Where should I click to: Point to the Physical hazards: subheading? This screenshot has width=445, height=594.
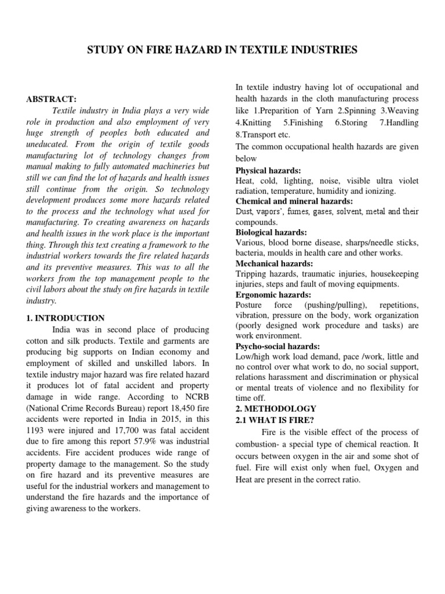(x=268, y=171)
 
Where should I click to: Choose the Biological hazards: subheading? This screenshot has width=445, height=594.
(x=271, y=231)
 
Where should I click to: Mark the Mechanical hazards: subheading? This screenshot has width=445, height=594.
(x=274, y=263)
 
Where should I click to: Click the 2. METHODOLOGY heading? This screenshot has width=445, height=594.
(x=276, y=408)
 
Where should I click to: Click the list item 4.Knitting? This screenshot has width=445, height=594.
(x=253, y=122)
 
